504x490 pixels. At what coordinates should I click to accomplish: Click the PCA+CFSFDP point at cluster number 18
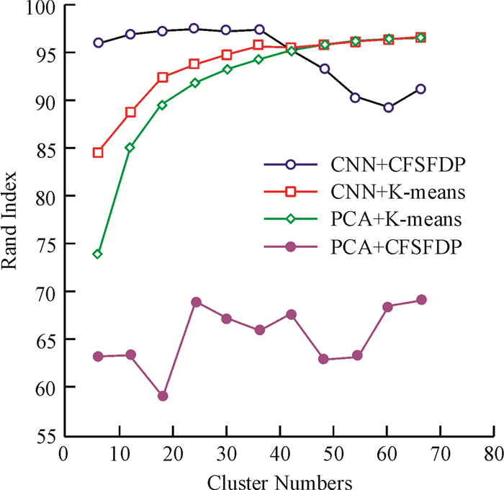[x=163, y=396]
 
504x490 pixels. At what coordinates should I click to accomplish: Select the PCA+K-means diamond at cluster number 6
[x=98, y=254]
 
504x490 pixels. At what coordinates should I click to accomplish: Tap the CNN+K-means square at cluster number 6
[x=98, y=153]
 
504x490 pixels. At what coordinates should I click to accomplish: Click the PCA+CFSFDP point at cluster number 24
[x=196, y=302]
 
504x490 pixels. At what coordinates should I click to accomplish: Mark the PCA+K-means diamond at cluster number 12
[x=130, y=148]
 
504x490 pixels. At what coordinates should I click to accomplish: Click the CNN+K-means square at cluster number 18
[x=163, y=77]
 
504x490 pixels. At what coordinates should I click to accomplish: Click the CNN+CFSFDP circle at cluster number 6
[x=98, y=43]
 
